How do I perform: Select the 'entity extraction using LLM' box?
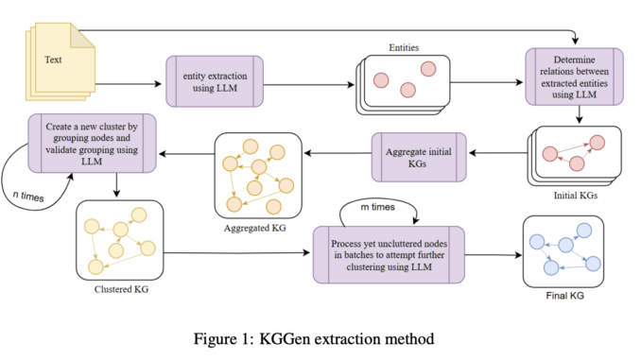[213, 81]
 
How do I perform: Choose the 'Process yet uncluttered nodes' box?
[389, 254]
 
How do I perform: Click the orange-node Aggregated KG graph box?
[257, 175]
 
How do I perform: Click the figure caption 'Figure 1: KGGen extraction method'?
[320, 337]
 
